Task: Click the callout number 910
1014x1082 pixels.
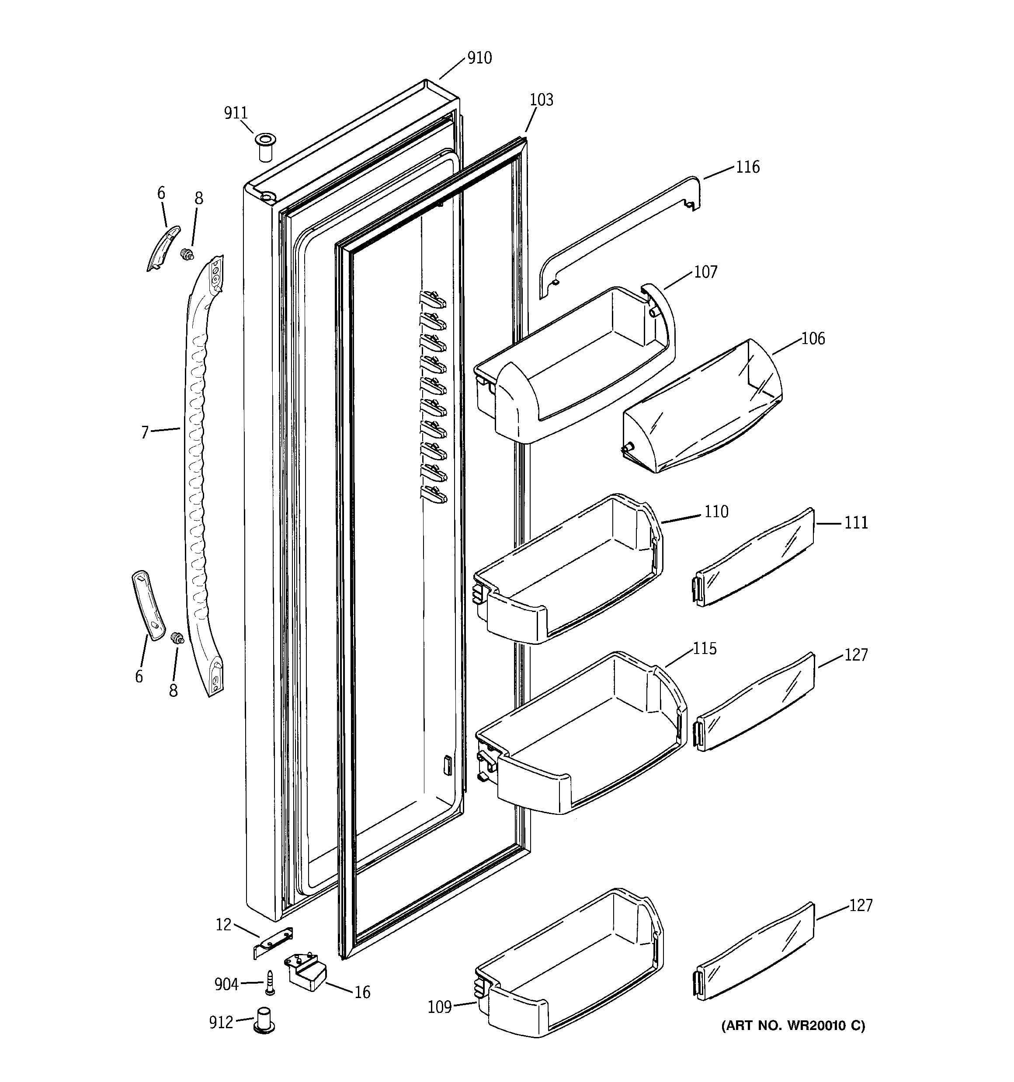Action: [x=479, y=58]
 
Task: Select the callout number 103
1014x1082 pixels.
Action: [x=541, y=100]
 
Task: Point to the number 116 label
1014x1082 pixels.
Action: [x=747, y=167]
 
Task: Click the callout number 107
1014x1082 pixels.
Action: [x=705, y=271]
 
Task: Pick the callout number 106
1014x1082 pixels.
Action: [x=813, y=338]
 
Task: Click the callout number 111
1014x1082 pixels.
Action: [x=856, y=522]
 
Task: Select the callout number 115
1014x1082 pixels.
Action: [x=704, y=649]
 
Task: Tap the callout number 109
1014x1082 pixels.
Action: [x=440, y=1007]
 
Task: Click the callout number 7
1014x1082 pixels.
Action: [x=145, y=433]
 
